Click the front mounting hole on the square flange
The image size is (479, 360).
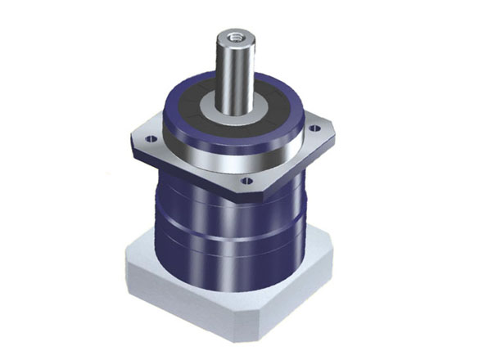point(246,179)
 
